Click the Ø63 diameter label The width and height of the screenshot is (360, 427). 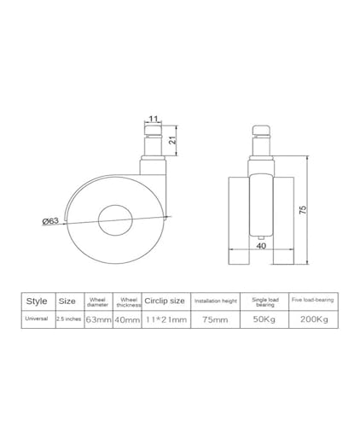click(x=50, y=220)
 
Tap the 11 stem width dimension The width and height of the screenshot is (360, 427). click(x=154, y=119)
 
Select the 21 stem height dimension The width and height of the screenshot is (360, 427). click(x=172, y=140)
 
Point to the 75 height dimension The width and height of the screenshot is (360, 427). click(x=304, y=210)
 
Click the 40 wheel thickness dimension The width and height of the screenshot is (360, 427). click(x=261, y=245)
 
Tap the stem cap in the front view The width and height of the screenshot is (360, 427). click(x=261, y=130)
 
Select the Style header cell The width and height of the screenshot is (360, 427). click(x=37, y=301)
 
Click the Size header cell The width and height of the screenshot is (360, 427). click(x=67, y=301)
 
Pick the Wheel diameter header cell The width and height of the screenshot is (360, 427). click(x=97, y=302)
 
